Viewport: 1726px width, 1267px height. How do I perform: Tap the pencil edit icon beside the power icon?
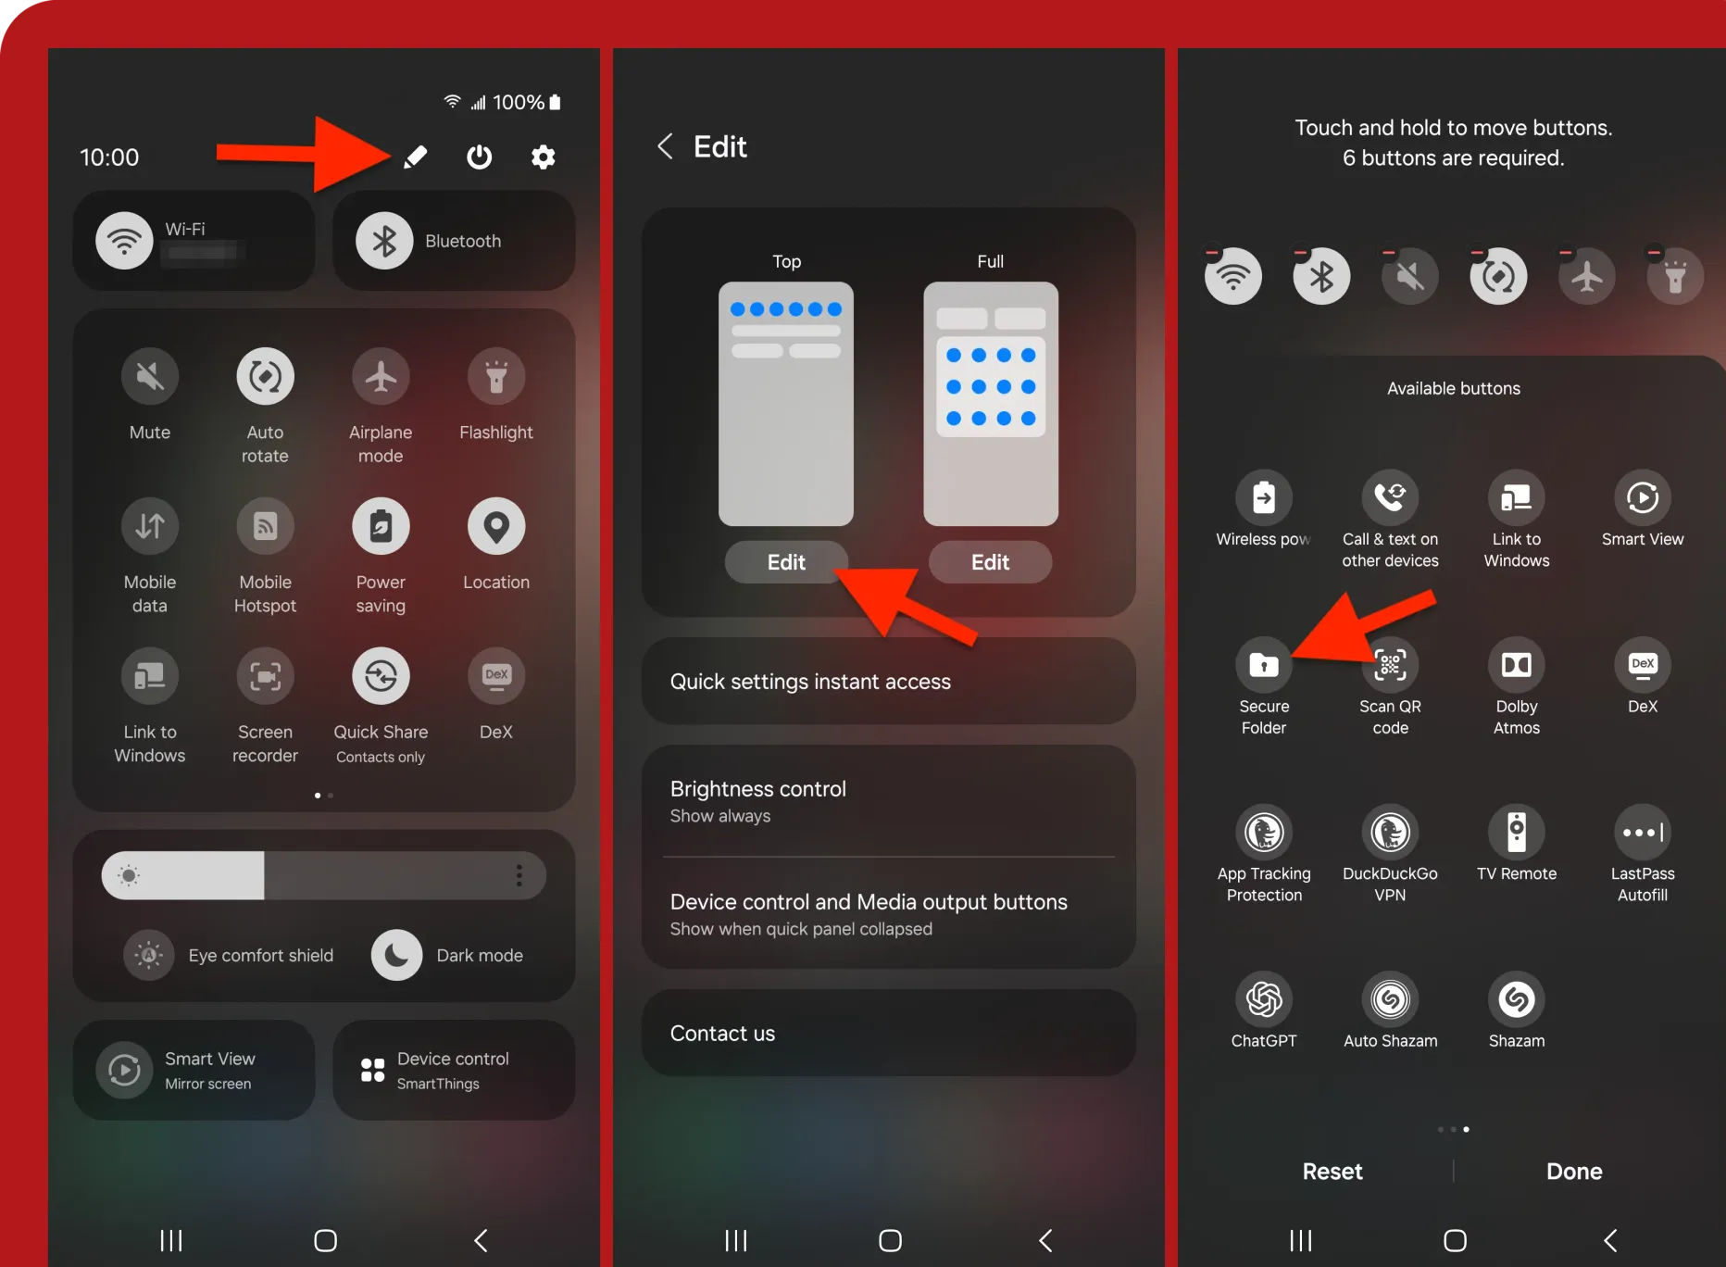point(416,157)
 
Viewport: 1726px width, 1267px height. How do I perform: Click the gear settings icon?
point(544,157)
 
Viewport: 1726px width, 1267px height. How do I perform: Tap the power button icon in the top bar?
point(479,157)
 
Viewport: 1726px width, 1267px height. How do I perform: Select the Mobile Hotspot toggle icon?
point(266,526)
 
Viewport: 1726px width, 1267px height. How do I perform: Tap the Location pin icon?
point(496,526)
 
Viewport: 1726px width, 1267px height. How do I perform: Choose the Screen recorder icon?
point(266,676)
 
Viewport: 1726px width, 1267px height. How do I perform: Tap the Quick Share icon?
point(381,676)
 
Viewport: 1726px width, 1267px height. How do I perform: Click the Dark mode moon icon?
point(397,955)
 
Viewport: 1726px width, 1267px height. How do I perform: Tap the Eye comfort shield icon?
point(149,955)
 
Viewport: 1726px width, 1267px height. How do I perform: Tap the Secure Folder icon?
point(1264,664)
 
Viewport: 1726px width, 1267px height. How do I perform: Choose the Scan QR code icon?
point(1390,664)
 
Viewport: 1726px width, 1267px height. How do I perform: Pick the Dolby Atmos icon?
point(1517,664)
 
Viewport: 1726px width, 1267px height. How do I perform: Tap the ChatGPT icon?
point(1264,999)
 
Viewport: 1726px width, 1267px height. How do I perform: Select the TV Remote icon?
point(1517,832)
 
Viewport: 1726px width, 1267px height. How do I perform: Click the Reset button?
point(1332,1172)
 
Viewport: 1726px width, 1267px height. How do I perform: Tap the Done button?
point(1574,1172)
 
